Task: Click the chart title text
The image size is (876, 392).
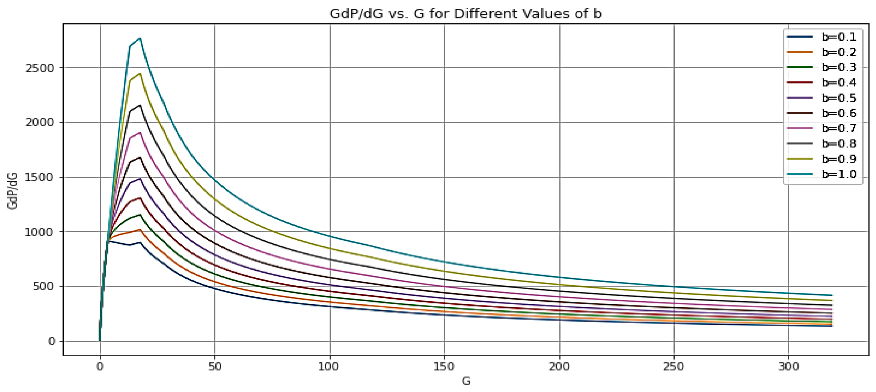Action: [465, 14]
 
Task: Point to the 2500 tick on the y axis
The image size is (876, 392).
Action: [40, 68]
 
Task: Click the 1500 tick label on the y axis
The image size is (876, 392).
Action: [40, 177]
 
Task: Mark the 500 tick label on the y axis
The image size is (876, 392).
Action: [43, 286]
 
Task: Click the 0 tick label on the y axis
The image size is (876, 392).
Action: [52, 341]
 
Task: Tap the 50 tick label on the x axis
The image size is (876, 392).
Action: [215, 367]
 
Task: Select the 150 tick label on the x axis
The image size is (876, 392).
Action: [444, 367]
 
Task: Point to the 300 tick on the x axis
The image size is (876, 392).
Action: [788, 367]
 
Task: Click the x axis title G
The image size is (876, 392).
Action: [466, 380]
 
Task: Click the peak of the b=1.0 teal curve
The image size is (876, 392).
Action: [140, 38]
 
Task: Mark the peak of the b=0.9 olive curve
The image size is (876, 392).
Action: [140, 74]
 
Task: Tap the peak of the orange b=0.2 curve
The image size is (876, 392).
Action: [140, 230]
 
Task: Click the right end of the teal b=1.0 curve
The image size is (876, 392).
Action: [832, 295]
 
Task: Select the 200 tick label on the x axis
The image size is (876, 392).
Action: [559, 367]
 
